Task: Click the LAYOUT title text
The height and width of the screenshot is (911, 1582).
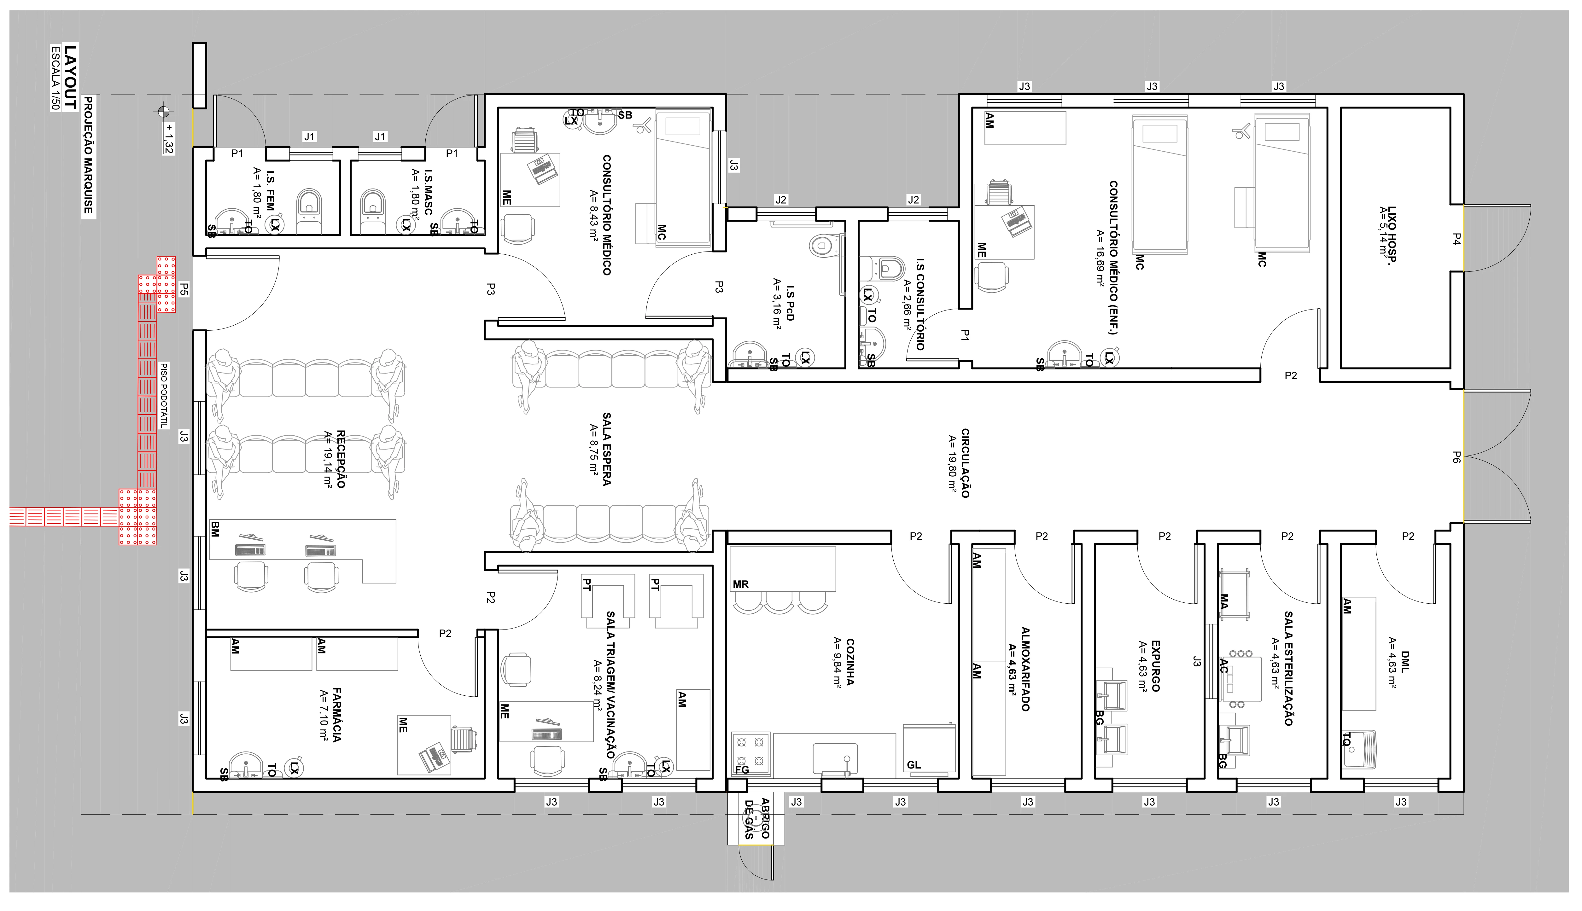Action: (71, 76)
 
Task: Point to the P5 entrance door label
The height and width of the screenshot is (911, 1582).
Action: (184, 289)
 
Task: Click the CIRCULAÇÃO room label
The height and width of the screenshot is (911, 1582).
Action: (965, 463)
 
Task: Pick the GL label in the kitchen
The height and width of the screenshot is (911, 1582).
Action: (914, 765)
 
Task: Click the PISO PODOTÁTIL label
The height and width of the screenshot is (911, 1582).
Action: (164, 395)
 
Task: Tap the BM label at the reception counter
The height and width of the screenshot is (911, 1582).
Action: (215, 529)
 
